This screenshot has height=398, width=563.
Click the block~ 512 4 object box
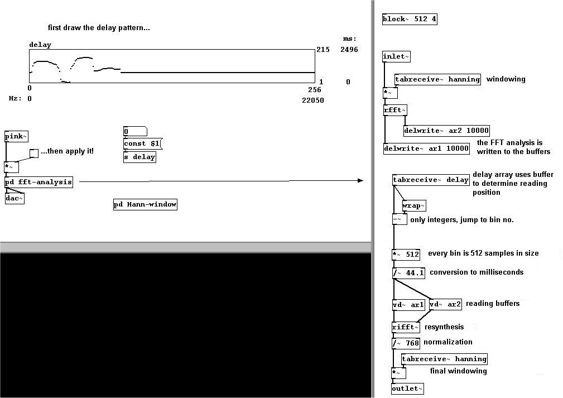click(x=410, y=20)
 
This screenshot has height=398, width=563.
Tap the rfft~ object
click(x=395, y=111)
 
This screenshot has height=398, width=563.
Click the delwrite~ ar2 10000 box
click(x=446, y=131)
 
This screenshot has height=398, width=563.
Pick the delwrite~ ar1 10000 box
click(x=426, y=148)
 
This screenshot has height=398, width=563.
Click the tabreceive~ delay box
click(x=431, y=180)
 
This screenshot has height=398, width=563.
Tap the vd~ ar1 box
click(x=408, y=305)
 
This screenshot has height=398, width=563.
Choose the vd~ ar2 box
click(x=445, y=304)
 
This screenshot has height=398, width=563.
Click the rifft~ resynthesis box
click(x=406, y=328)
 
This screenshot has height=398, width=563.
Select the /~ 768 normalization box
click(x=406, y=343)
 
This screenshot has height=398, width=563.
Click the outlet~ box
click(x=407, y=389)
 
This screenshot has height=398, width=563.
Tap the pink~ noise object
click(x=16, y=137)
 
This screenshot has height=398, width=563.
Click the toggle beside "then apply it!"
click(x=34, y=153)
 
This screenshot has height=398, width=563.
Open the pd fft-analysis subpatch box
click(x=39, y=182)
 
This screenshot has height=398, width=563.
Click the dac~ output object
click(x=15, y=198)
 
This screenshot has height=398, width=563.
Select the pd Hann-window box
click(x=145, y=205)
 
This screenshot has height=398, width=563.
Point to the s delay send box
click(x=139, y=157)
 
